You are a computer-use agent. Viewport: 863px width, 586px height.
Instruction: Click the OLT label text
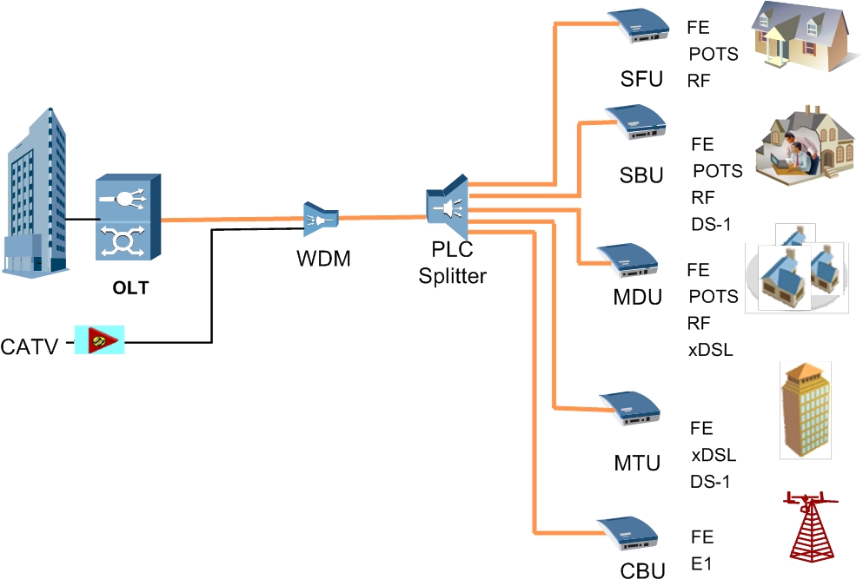click(x=130, y=288)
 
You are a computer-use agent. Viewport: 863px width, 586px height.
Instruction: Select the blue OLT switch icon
click(x=128, y=216)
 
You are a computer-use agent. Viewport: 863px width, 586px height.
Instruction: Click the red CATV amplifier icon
click(x=100, y=339)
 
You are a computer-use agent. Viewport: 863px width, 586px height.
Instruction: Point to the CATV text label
click(x=30, y=348)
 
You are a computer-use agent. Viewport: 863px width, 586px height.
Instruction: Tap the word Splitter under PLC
click(x=453, y=277)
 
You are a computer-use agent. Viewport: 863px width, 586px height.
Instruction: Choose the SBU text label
click(x=641, y=175)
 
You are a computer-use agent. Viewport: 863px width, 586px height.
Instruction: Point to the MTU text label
click(x=637, y=463)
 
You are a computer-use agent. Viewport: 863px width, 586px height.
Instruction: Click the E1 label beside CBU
click(x=701, y=564)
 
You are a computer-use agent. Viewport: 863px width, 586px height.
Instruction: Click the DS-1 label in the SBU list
click(x=711, y=224)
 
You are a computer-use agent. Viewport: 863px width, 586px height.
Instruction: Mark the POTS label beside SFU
click(x=714, y=55)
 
